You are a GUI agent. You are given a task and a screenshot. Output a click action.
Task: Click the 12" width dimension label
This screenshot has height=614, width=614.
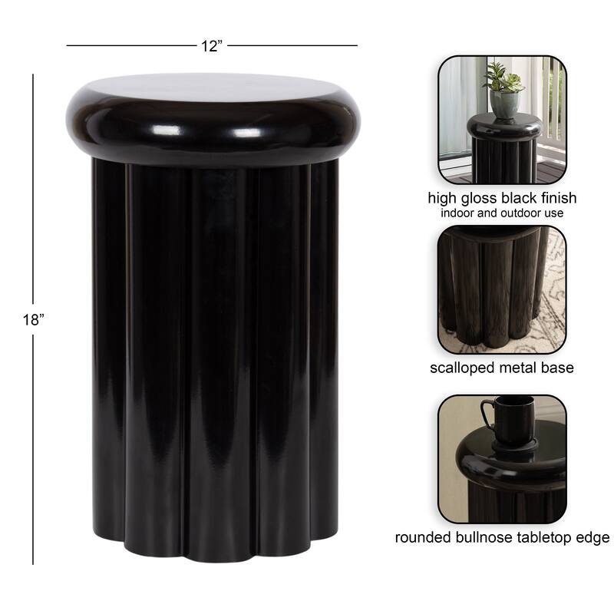coord(212,46)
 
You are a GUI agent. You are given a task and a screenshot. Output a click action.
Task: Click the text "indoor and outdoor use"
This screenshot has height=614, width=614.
coord(502,213)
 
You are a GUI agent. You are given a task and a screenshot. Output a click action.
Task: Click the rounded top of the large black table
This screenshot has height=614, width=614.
coord(213,115)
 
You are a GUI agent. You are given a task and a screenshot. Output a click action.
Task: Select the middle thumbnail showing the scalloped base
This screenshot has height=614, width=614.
coord(502,289)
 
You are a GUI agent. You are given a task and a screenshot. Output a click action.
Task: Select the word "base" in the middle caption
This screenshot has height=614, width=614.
coord(558,368)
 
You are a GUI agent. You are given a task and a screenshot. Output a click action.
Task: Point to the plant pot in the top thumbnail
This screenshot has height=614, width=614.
coord(503,104)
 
